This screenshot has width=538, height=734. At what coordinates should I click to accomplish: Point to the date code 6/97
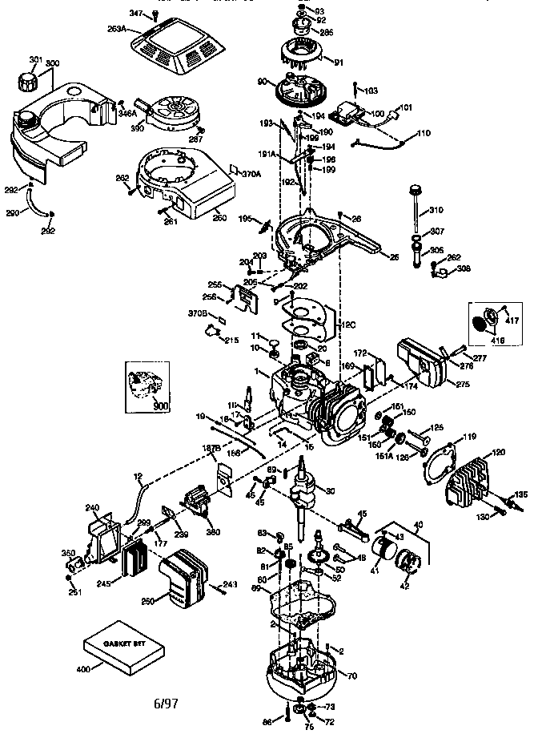[166, 703]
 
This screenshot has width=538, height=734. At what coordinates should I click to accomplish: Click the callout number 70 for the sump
[351, 676]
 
